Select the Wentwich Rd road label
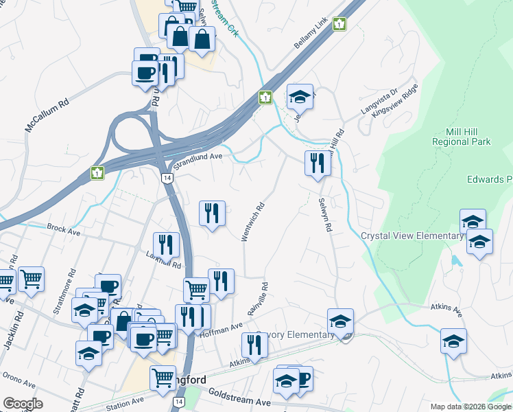point(252,221)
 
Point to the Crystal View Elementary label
point(412,236)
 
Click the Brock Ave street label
point(64,228)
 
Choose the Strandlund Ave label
point(199,161)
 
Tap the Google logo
point(23,404)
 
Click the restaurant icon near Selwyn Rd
point(317,163)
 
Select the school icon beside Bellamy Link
point(300,98)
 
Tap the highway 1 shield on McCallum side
point(97,172)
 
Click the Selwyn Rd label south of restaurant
point(324,215)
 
